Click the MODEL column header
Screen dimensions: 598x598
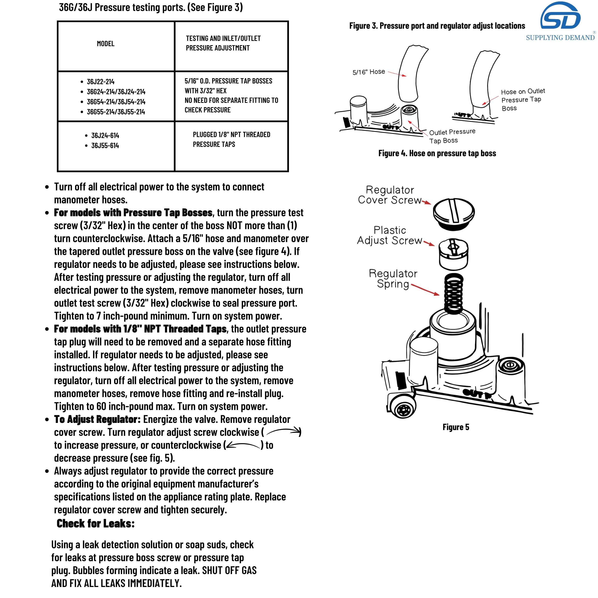coord(105,44)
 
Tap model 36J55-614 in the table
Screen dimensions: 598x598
coord(105,145)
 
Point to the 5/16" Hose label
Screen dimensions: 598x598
coord(369,72)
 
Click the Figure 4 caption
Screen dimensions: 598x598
coord(437,153)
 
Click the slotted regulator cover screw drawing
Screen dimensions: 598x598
coord(454,213)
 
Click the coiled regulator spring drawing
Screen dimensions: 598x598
coord(454,293)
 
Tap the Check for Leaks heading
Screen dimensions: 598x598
coord(96,523)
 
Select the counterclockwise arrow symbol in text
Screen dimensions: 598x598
coord(243,445)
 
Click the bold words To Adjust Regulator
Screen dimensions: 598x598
coord(97,419)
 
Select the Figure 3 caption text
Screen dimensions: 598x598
coord(437,26)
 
